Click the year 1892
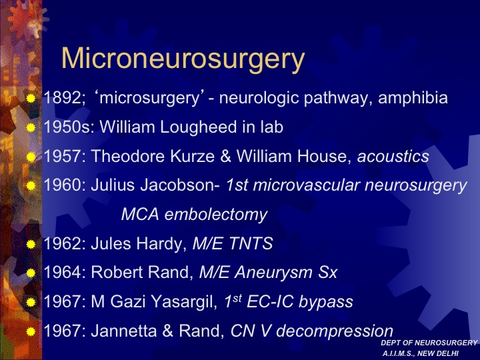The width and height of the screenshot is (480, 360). click(63, 98)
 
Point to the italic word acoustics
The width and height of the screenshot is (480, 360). click(393, 157)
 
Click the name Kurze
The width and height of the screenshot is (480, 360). click(192, 157)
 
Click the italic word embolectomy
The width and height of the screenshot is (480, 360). click(216, 215)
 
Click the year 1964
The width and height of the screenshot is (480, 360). click(63, 272)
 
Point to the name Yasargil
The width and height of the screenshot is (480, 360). click(184, 302)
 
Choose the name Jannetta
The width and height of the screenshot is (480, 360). click(124, 331)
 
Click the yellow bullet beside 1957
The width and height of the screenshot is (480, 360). click(31, 157)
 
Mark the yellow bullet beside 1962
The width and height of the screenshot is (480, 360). click(31, 244)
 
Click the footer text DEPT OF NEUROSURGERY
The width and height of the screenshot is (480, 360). click(429, 343)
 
